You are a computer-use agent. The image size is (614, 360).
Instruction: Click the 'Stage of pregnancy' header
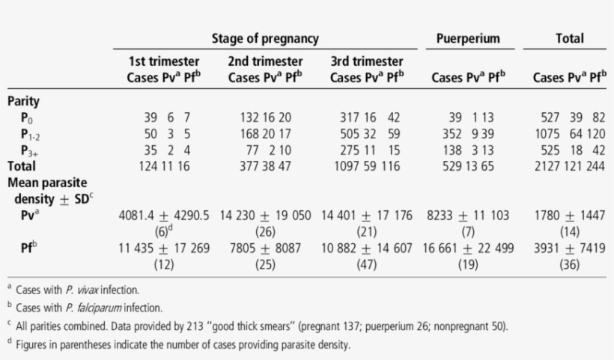coord(265,38)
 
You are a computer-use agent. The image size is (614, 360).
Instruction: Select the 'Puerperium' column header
coord(468,38)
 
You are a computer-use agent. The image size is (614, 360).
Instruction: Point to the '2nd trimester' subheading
coord(265,61)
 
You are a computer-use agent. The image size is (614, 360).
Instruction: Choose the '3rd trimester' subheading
coord(367,61)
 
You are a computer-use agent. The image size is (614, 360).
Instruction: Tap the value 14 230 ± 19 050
coord(266,216)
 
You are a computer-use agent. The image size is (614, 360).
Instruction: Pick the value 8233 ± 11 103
coord(468,216)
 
